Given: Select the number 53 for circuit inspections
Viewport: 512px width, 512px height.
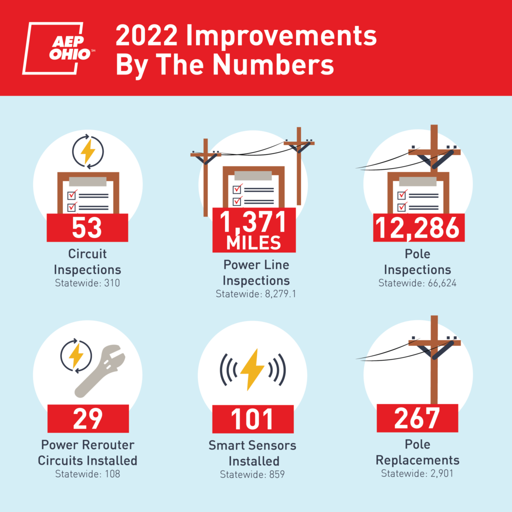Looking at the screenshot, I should pos(87,227).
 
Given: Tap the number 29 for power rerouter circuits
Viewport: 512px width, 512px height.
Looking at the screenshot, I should pos(88,418).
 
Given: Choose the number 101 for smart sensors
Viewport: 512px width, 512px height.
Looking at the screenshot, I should pos(252,419).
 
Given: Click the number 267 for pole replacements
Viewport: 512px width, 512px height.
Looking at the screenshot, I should pos(416,418).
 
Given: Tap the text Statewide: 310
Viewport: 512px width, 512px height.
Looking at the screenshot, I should pos(87,283).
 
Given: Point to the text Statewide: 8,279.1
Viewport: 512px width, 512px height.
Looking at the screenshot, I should pos(255,294).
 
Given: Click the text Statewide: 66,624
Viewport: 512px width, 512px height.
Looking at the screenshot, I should pos(417,283).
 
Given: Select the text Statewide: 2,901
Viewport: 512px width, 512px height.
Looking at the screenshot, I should pos(417,473).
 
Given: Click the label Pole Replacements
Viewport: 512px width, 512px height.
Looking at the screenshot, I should pos(417,452).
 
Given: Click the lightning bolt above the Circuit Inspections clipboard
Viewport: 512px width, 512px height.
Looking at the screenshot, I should pos(88,151).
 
